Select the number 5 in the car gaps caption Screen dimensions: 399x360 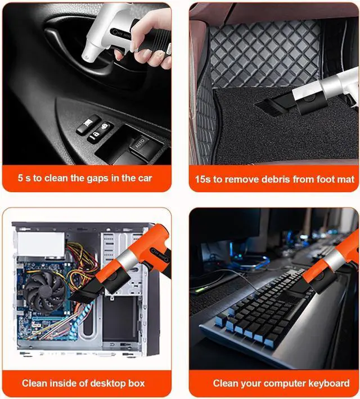click(x=20, y=178)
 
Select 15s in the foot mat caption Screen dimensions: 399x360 click(x=204, y=179)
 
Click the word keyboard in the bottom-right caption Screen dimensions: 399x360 click(x=326, y=383)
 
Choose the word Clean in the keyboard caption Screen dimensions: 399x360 click(x=226, y=383)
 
